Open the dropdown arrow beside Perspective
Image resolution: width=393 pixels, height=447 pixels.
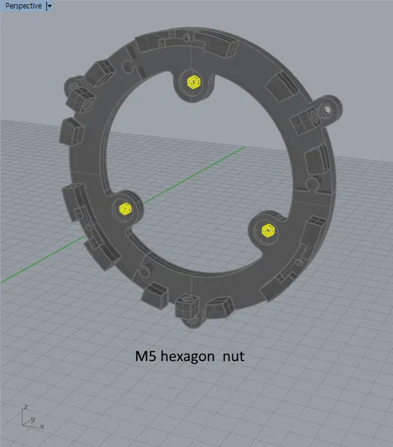click(x=49, y=6)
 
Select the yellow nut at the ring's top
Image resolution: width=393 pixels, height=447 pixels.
click(x=192, y=82)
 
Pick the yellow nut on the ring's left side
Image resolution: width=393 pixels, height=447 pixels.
click(x=124, y=208)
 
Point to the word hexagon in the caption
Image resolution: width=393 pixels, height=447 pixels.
click(x=188, y=355)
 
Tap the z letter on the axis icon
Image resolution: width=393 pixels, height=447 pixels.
click(x=26, y=408)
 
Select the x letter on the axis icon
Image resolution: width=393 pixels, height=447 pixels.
click(x=42, y=427)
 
